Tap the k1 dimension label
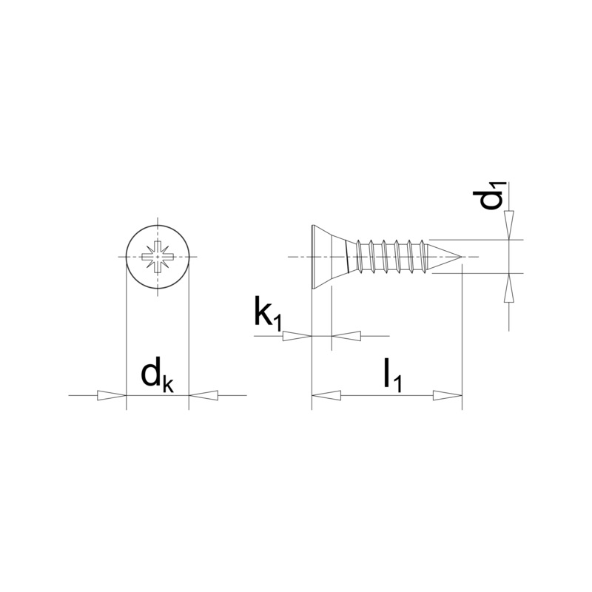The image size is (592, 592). point(268,314)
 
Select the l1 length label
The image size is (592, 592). point(391,377)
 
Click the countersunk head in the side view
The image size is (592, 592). point(328,257)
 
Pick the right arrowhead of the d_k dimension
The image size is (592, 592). point(203,396)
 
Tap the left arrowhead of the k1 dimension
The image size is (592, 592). point(296,336)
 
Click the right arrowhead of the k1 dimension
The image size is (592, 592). point(346,336)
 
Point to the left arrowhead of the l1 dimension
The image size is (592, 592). point(326,396)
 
